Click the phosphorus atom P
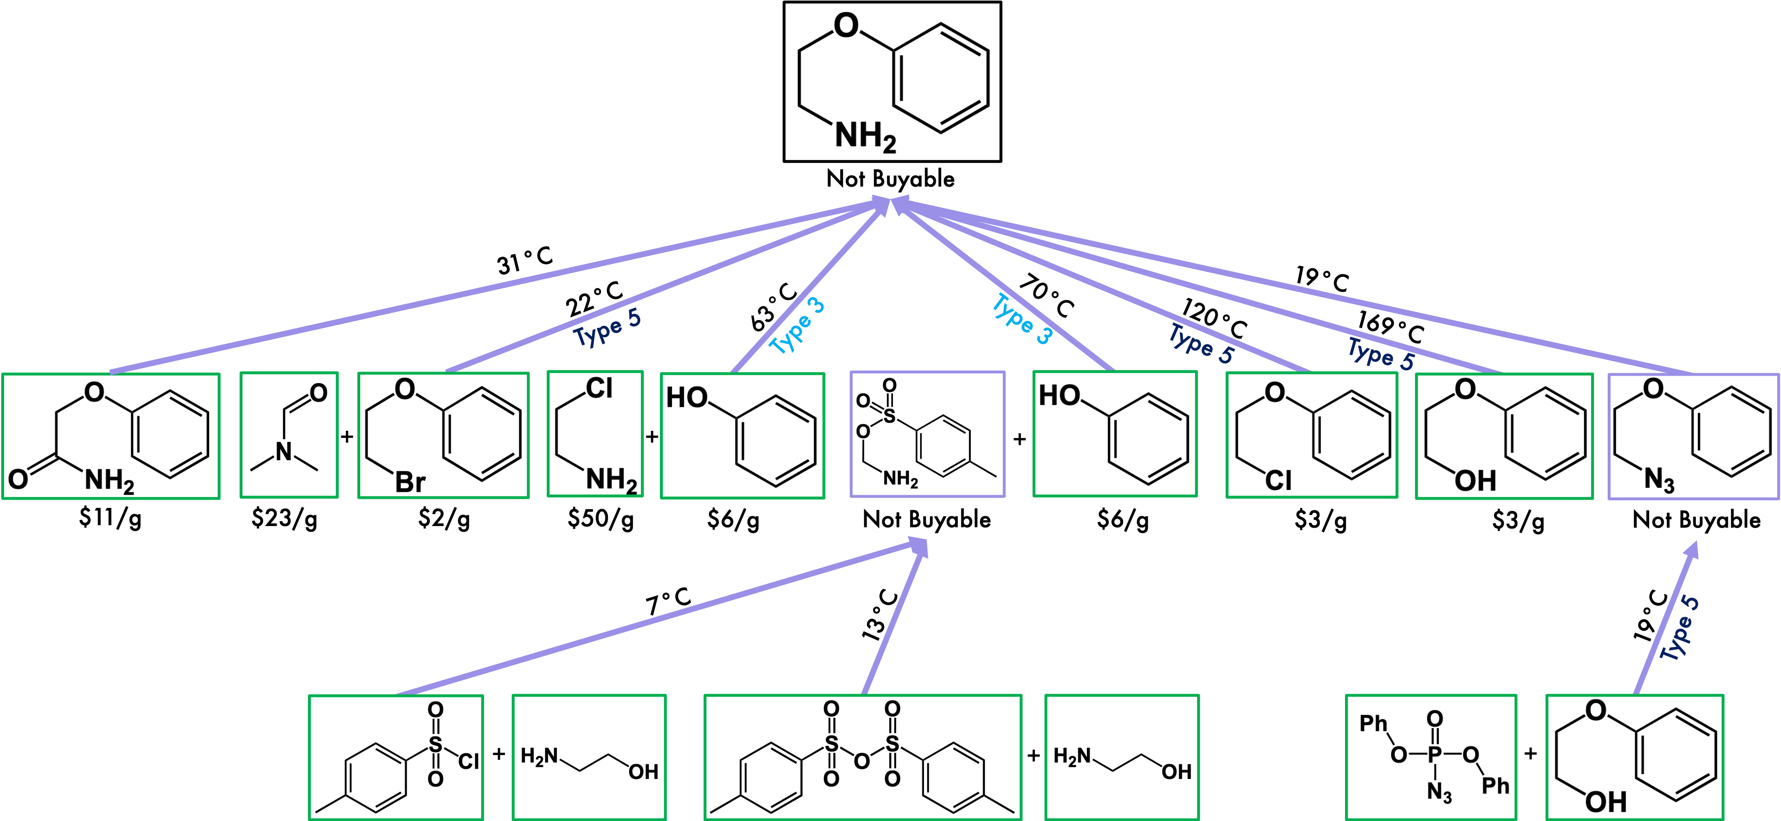[1435, 754]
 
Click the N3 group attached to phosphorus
[1439, 792]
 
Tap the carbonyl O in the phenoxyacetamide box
[18, 479]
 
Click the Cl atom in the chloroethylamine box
[599, 389]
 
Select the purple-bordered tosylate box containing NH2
[927, 434]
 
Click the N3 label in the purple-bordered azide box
[1659, 479]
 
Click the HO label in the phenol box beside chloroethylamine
[687, 398]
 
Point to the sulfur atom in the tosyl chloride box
[435, 744]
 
